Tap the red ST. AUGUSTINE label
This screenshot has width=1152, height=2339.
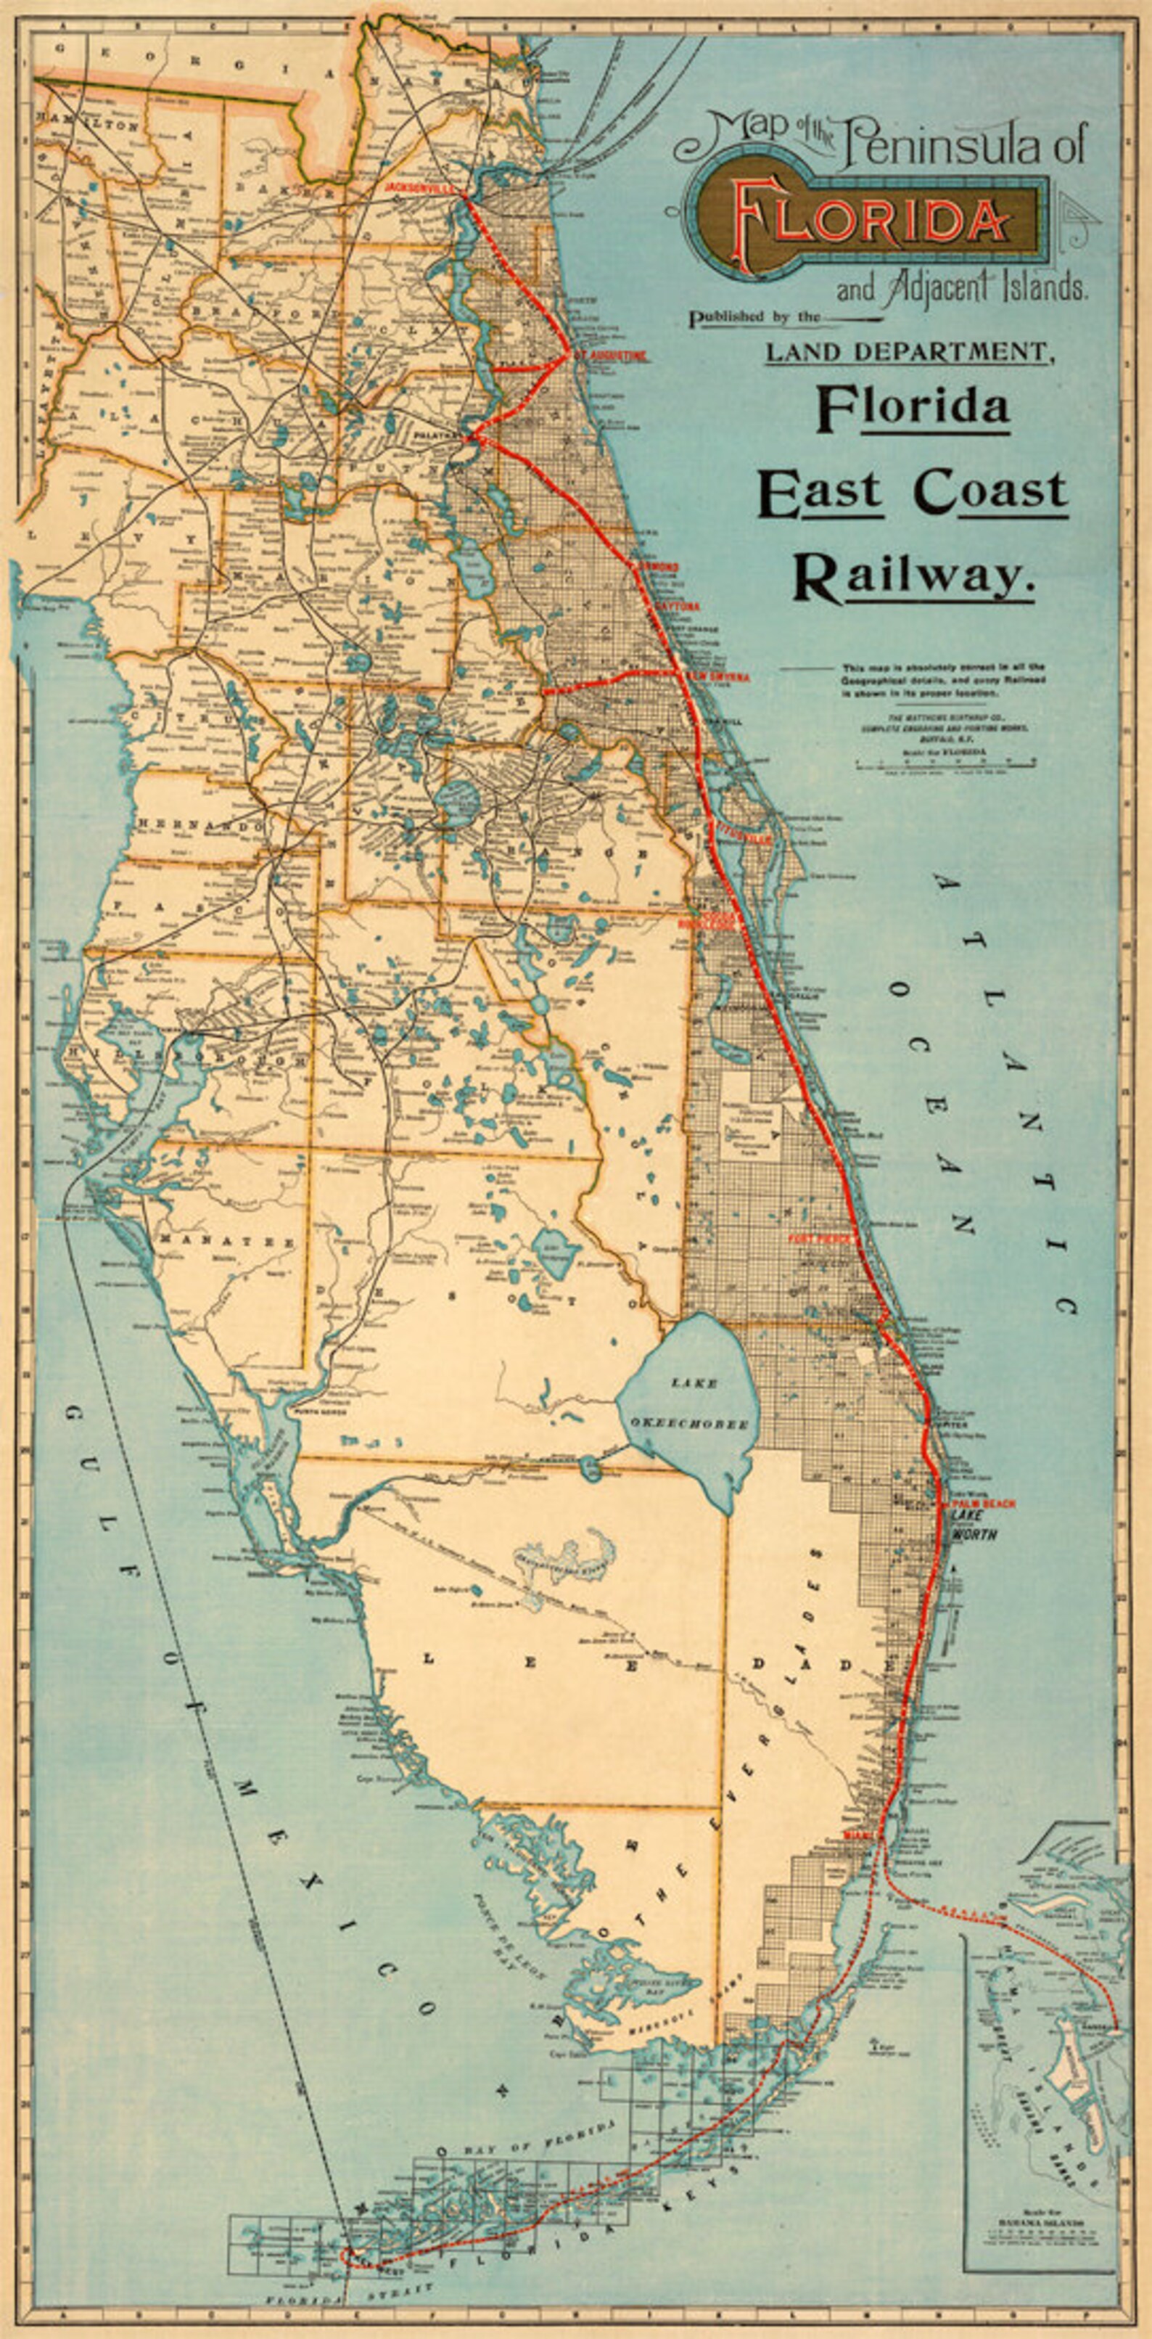click(610, 355)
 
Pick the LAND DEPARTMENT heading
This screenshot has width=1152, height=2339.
click(910, 351)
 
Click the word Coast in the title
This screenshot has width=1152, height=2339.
click(990, 491)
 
